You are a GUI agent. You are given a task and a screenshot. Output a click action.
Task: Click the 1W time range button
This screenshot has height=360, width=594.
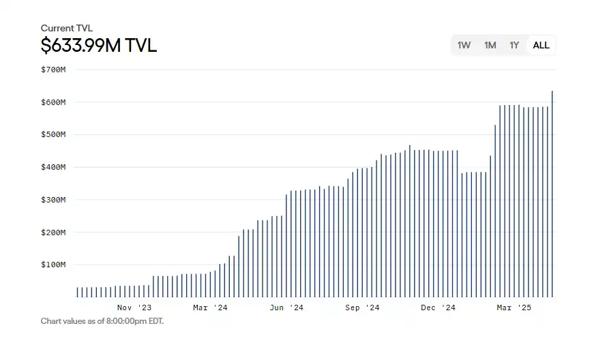pos(464,45)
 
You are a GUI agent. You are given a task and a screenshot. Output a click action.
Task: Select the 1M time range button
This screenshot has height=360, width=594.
pos(490,45)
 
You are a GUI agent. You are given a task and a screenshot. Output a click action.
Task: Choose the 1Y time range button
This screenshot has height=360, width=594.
pos(514,45)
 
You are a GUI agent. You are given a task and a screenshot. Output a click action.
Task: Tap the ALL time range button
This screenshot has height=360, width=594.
pos(541,45)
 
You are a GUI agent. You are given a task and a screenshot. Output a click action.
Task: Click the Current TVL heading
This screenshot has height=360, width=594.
pos(66,28)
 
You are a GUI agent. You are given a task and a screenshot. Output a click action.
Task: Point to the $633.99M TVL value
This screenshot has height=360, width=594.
pos(98,46)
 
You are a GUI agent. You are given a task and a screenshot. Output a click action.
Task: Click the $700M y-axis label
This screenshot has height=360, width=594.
pos(53,70)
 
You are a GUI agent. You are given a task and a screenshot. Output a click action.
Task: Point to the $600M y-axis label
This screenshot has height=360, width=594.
pos(53,102)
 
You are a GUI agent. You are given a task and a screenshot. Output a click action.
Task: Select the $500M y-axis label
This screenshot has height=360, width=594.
pos(53,134)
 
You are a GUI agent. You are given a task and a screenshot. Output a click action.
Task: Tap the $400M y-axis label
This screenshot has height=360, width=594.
pos(53,167)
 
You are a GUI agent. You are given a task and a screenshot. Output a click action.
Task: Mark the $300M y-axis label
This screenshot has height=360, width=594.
pos(53,200)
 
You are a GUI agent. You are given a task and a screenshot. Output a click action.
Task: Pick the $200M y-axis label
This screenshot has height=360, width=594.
pos(53,232)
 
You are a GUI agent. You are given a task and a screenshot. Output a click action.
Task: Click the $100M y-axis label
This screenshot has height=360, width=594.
pos(53,265)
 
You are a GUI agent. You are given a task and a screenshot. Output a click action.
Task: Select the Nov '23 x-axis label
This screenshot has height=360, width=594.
pos(134,308)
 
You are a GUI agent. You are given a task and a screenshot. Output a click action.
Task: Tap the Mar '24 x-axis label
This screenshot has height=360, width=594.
pos(210,308)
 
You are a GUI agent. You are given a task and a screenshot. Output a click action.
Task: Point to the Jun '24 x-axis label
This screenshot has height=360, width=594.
pos(286,308)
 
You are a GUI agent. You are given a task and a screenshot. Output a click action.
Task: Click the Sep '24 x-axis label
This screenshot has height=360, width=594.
pos(362,308)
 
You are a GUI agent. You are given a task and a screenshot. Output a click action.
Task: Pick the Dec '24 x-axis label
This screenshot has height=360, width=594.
pos(438,308)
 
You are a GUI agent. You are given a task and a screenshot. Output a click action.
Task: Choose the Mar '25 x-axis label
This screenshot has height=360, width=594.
pos(514,308)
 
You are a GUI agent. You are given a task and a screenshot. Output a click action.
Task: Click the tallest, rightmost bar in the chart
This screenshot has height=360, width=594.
pos(552,194)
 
